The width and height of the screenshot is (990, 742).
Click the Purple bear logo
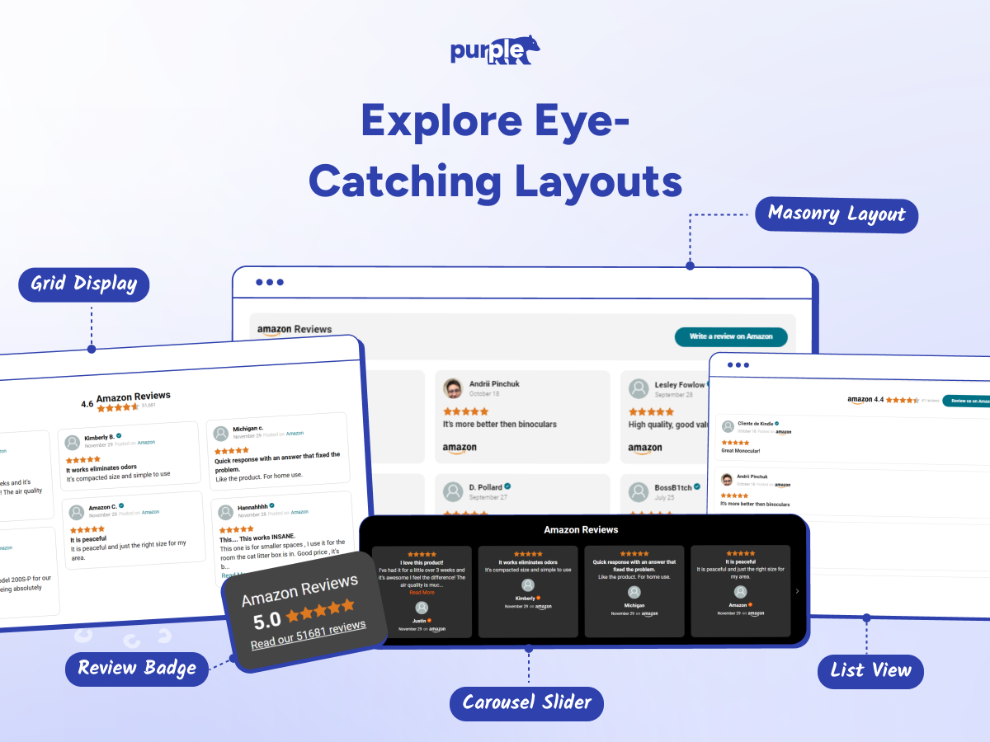click(495, 50)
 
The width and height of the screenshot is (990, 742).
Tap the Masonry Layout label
click(837, 215)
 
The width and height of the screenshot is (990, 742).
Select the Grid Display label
click(84, 284)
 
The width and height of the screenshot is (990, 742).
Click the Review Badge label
click(137, 668)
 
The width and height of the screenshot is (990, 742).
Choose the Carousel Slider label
click(526, 703)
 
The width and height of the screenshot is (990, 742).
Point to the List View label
click(870, 671)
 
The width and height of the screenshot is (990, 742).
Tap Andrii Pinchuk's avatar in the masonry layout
click(453, 388)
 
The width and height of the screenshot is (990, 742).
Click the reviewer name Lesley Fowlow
click(679, 384)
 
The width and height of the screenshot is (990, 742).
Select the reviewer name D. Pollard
click(485, 487)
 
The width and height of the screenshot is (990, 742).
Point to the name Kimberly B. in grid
click(99, 437)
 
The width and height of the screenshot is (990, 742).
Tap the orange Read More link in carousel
click(422, 592)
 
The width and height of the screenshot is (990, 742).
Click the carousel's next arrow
click(797, 591)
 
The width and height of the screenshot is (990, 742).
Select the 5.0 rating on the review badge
click(267, 620)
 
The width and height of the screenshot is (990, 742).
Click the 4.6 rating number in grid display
click(87, 404)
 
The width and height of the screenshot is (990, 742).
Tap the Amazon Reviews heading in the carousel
click(581, 529)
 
